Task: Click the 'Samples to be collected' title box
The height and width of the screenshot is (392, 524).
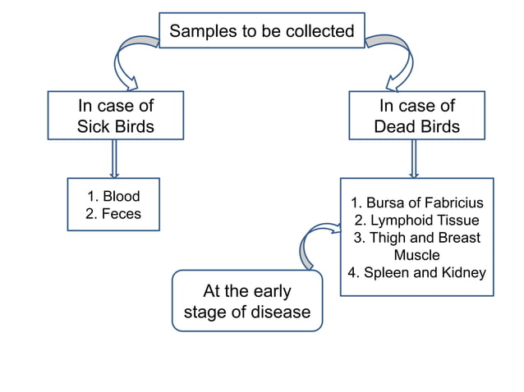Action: (261, 31)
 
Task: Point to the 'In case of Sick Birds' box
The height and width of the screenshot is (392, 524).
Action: (115, 116)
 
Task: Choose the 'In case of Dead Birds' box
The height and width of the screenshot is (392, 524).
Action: (416, 116)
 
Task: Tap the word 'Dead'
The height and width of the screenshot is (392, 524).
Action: (394, 127)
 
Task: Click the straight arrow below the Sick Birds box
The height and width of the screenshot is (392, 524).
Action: (115, 157)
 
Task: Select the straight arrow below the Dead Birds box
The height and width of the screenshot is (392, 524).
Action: (414, 157)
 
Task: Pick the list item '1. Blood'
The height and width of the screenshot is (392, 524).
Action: (113, 197)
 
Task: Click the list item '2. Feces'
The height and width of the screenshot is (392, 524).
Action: (113, 214)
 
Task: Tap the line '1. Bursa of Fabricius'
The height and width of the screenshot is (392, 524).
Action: (416, 203)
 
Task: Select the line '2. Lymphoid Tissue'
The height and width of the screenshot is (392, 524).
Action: (416, 221)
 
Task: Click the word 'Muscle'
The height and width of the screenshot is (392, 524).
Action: (416, 255)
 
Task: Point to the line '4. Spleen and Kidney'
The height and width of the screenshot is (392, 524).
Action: (416, 273)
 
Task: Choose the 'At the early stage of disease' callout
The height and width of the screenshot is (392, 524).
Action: (246, 301)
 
